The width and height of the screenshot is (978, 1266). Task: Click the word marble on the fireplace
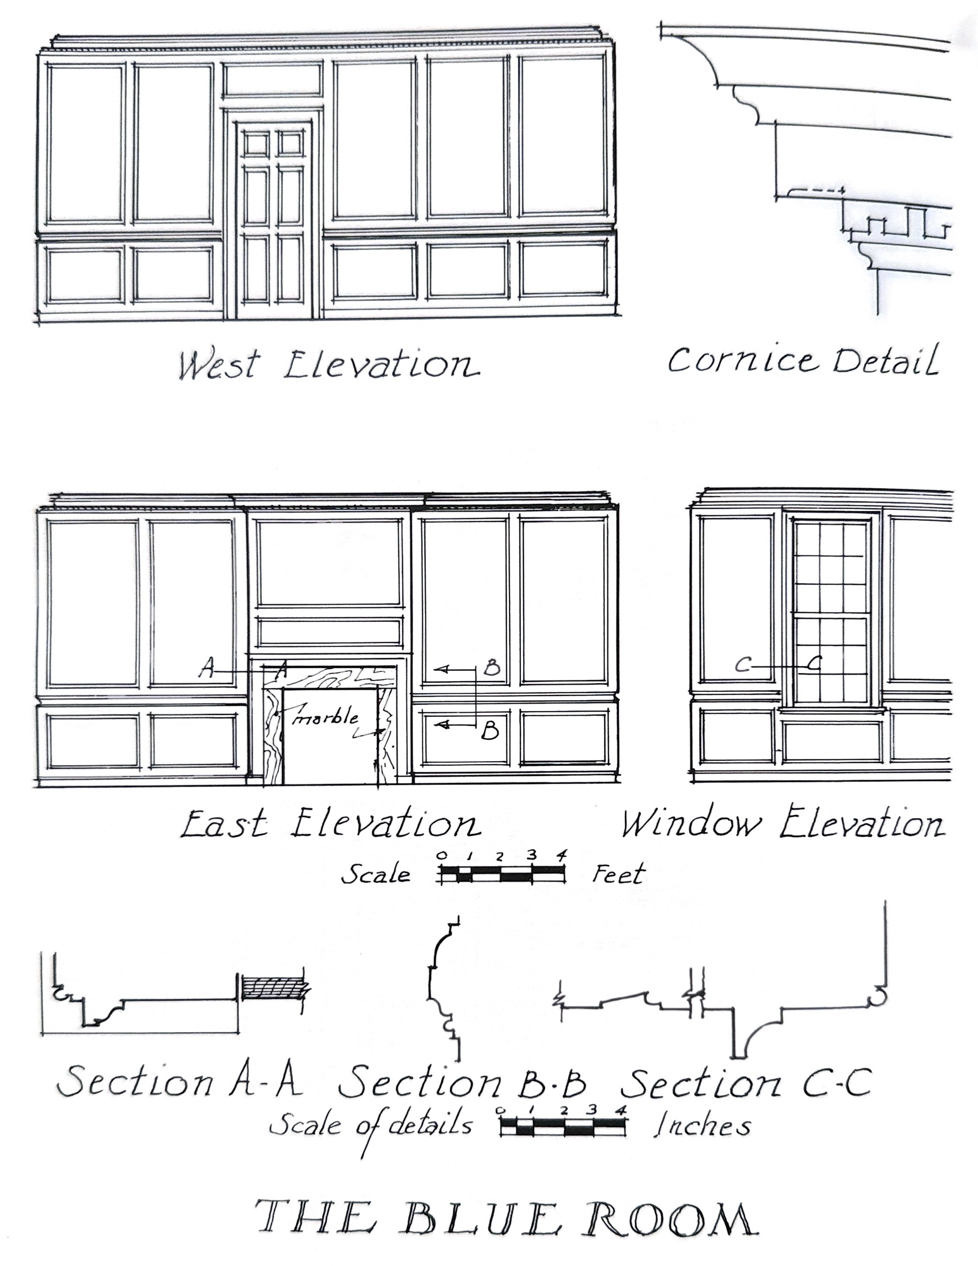(326, 717)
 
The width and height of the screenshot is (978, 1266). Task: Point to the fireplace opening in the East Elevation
(330, 737)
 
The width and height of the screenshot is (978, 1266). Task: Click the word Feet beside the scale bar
(618, 874)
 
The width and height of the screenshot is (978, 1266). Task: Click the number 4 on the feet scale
(561, 856)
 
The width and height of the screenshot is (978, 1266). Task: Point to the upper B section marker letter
(492, 669)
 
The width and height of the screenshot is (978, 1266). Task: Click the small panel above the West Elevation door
(273, 80)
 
